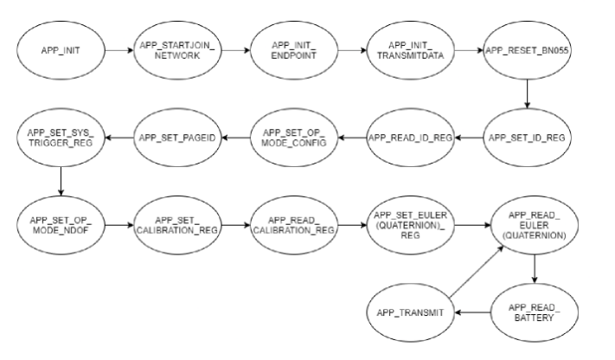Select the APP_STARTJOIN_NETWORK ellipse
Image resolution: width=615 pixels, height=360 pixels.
(173, 51)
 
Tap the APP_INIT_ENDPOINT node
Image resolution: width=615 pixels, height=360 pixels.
(289, 51)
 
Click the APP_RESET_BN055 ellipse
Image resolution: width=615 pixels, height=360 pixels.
(525, 51)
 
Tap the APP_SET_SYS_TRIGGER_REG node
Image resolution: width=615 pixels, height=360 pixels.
(61, 136)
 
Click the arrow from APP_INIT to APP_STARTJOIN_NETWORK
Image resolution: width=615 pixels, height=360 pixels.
(118, 51)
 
